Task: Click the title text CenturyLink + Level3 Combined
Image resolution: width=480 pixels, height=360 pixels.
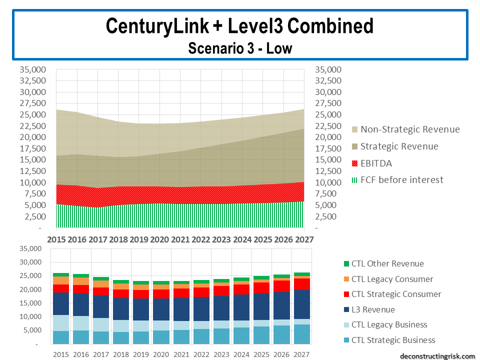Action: (239, 26)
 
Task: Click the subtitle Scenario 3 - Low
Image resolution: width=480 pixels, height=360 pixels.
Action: (239, 48)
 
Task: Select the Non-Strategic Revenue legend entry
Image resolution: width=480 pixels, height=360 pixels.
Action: (409, 129)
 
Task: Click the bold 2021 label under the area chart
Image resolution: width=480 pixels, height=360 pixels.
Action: (180, 239)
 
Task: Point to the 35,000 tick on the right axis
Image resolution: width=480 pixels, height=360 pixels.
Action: (328, 69)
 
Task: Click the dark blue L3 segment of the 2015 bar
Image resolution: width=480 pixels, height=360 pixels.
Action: (60, 303)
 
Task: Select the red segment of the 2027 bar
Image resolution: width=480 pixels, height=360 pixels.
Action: (301, 283)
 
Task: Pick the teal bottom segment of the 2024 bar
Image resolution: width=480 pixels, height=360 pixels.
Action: (241, 335)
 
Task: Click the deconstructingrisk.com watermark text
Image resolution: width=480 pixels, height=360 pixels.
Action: (438, 356)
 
